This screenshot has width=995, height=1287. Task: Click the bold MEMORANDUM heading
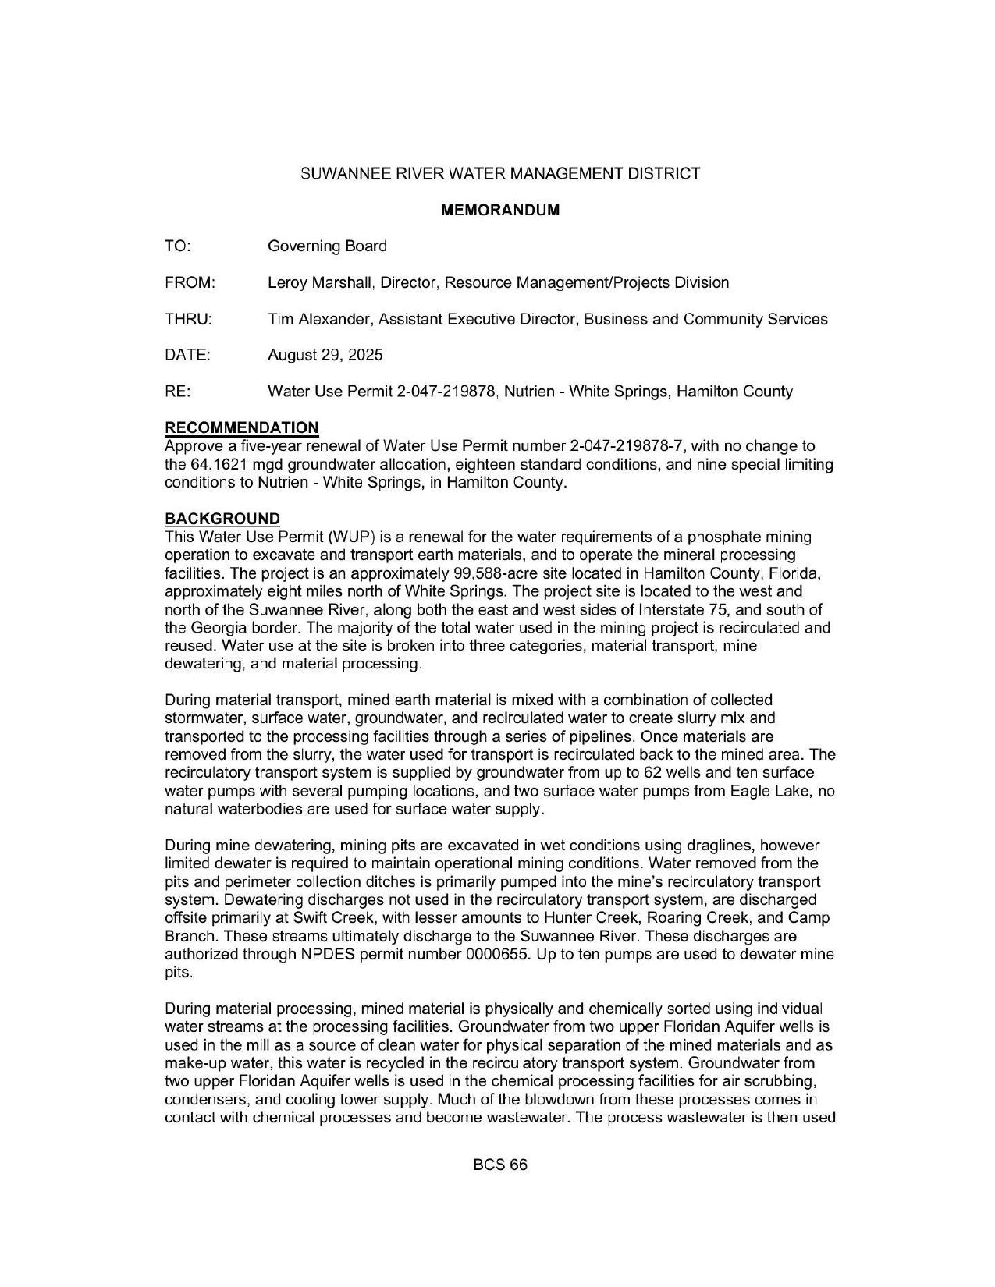coord(500,210)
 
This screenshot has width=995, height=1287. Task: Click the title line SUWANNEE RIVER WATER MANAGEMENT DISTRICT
coord(500,173)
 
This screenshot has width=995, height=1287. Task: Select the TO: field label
coord(178,246)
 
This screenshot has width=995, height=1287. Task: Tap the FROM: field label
coord(190,282)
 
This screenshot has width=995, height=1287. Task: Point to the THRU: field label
coord(188,319)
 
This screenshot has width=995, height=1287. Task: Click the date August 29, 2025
coord(325,355)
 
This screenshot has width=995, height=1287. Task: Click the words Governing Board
coord(327,246)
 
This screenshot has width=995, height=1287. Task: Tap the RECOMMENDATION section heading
coord(242,427)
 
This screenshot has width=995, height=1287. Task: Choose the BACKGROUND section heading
coord(222,519)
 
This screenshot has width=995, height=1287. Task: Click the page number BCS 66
coord(500,1165)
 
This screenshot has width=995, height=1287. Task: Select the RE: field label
coord(178,392)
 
